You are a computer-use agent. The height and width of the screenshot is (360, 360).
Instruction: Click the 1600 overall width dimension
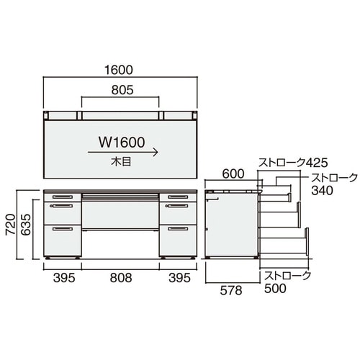(x=119, y=70)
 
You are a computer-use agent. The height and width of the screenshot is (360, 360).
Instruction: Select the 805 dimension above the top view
(x=122, y=90)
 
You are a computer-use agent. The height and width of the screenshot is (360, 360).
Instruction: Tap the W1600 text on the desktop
(x=122, y=143)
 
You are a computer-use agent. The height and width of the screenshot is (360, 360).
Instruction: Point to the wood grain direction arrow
(x=123, y=152)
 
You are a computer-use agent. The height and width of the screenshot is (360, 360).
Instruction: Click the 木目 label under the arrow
(x=121, y=162)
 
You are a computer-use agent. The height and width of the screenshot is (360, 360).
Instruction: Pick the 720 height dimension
(x=11, y=225)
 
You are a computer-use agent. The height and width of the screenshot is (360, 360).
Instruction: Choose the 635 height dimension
(x=26, y=225)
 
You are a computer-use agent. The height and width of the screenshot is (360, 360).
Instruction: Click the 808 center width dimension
(x=121, y=278)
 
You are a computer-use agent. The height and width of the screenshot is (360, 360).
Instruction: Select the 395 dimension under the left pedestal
(x=64, y=278)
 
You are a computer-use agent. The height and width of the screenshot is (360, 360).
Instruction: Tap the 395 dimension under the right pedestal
(x=179, y=278)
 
